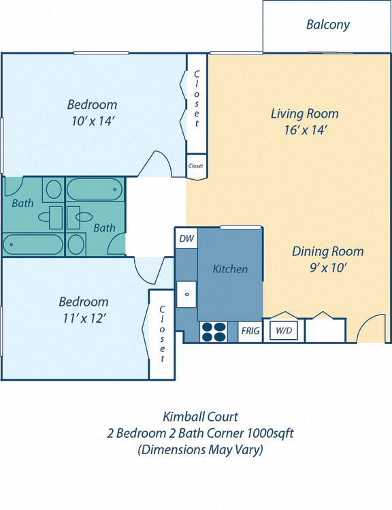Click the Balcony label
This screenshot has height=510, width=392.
coord(327,25)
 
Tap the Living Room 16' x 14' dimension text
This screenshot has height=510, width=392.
coord(304,130)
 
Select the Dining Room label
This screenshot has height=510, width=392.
coord(327,251)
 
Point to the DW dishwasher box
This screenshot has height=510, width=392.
coord(186,239)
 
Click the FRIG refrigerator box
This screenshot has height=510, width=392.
coord(250,331)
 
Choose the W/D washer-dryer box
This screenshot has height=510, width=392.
coord(283,331)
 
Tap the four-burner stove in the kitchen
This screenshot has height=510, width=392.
coord(214,331)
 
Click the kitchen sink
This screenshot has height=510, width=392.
coord(186,294)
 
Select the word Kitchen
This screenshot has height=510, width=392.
coord(230,269)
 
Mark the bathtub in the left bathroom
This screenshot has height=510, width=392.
coord(32,244)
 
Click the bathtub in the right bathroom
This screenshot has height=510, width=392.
coord(95,188)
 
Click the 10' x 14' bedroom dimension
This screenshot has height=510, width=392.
coord(92,121)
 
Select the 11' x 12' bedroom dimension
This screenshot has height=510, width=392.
coord(83,318)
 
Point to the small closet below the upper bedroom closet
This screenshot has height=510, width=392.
coord(196,165)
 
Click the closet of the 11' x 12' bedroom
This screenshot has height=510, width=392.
coord(162,334)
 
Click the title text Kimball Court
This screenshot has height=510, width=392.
coord(200,416)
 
